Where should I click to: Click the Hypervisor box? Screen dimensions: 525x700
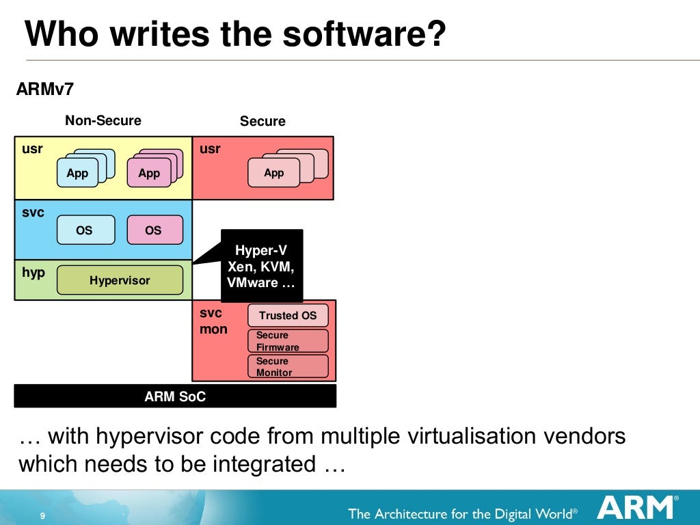[120, 280]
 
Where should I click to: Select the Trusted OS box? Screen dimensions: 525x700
[288, 315]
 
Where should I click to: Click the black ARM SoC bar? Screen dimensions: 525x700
[175, 396]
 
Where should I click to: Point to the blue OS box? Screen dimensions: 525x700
[85, 230]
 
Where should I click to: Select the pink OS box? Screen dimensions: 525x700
[154, 230]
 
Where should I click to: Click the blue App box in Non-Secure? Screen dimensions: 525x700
[78, 173]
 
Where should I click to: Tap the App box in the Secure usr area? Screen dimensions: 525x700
[273, 173]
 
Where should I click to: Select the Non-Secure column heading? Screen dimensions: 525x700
[103, 121]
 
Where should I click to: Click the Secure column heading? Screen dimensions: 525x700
[262, 122]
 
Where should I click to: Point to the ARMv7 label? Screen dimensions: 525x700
[44, 90]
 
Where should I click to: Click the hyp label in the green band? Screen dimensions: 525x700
[33, 273]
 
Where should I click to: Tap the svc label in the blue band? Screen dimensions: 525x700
[33, 213]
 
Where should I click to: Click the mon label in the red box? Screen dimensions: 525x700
[213, 329]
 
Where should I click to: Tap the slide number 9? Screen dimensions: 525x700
[43, 515]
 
